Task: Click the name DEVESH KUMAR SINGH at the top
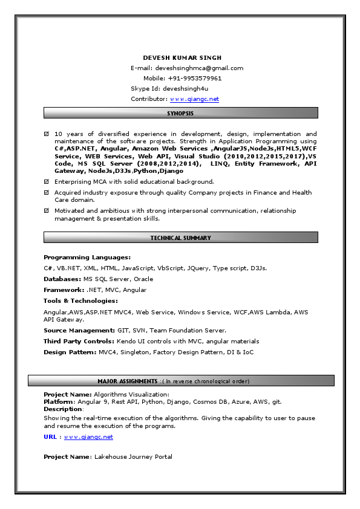182,57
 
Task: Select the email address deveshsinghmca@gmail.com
199,68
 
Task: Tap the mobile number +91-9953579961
195,79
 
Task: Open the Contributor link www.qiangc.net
194,99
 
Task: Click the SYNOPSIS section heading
180,113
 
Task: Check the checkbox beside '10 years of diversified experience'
47,134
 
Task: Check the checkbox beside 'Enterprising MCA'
47,181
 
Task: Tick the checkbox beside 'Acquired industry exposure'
47,192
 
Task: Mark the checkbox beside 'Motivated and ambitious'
47,210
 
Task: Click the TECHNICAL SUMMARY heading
180,238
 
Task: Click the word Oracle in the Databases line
143,279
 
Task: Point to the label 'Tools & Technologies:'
80,300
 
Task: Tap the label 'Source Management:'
79,331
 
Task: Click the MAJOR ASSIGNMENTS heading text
128,381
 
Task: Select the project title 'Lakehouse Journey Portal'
133,457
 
